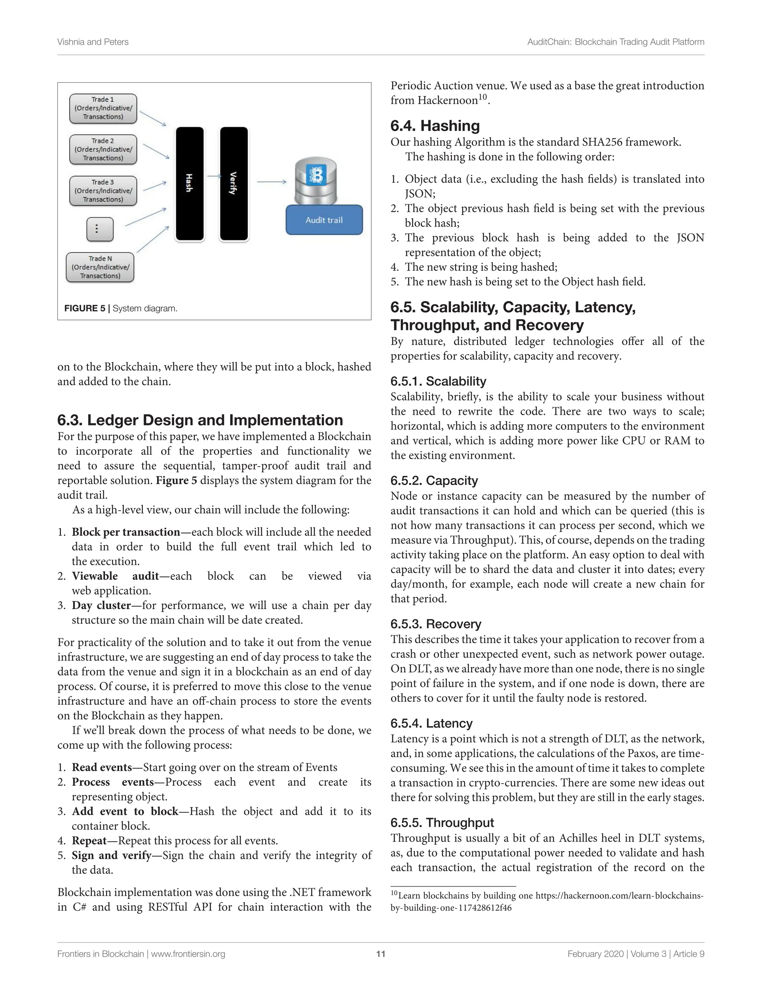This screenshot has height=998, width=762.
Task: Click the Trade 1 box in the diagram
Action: pyautogui.click(x=103, y=108)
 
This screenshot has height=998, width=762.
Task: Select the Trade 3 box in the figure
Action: pyautogui.click(x=103, y=191)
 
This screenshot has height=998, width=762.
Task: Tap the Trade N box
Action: pyautogui.click(x=100, y=267)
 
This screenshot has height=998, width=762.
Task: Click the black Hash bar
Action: pyautogui.click(x=190, y=183)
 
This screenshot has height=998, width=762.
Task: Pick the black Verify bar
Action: pyautogui.click(x=234, y=183)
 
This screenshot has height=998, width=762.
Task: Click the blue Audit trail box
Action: pyautogui.click(x=324, y=220)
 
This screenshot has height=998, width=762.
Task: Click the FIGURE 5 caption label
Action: pyautogui.click(x=84, y=308)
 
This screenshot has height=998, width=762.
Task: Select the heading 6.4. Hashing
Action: pyautogui.click(x=435, y=126)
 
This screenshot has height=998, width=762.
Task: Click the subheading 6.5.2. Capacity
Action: pyautogui.click(x=434, y=480)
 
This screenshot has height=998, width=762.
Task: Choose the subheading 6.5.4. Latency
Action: pyautogui.click(x=431, y=723)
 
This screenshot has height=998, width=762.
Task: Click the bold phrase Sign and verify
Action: pyautogui.click(x=112, y=855)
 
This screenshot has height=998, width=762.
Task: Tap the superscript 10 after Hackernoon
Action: pyautogui.click(x=483, y=97)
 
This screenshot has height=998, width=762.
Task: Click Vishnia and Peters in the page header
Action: pyautogui.click(x=93, y=42)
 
